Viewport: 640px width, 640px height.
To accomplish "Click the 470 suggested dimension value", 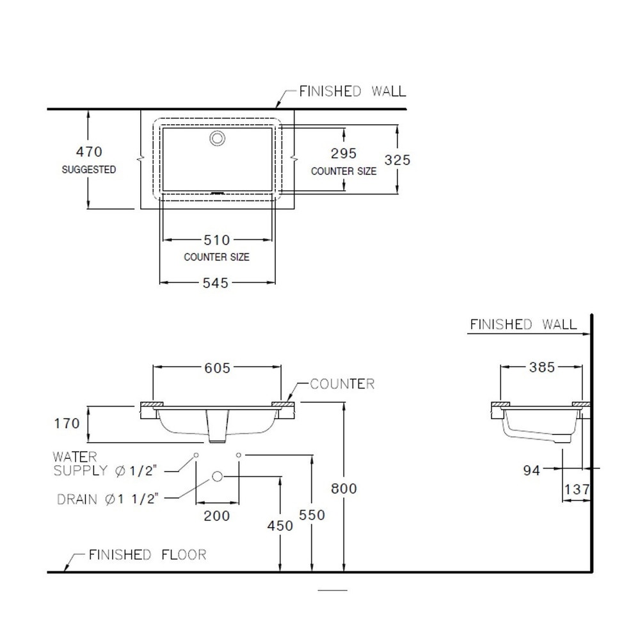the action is (x=89, y=152).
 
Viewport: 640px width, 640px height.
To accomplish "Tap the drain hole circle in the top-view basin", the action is (x=217, y=138).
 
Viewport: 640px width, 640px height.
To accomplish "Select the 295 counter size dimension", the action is (x=344, y=154).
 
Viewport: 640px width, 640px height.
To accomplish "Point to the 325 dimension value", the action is (x=397, y=159).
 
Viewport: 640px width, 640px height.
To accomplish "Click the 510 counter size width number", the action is (x=217, y=240).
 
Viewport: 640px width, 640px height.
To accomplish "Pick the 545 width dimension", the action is (x=216, y=283).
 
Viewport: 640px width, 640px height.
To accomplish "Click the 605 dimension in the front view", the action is (x=217, y=368).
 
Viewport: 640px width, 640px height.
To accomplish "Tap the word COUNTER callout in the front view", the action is (x=342, y=383).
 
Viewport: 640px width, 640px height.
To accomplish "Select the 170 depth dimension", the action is (x=67, y=423).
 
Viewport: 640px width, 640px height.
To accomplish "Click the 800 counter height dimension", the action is (x=344, y=488).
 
